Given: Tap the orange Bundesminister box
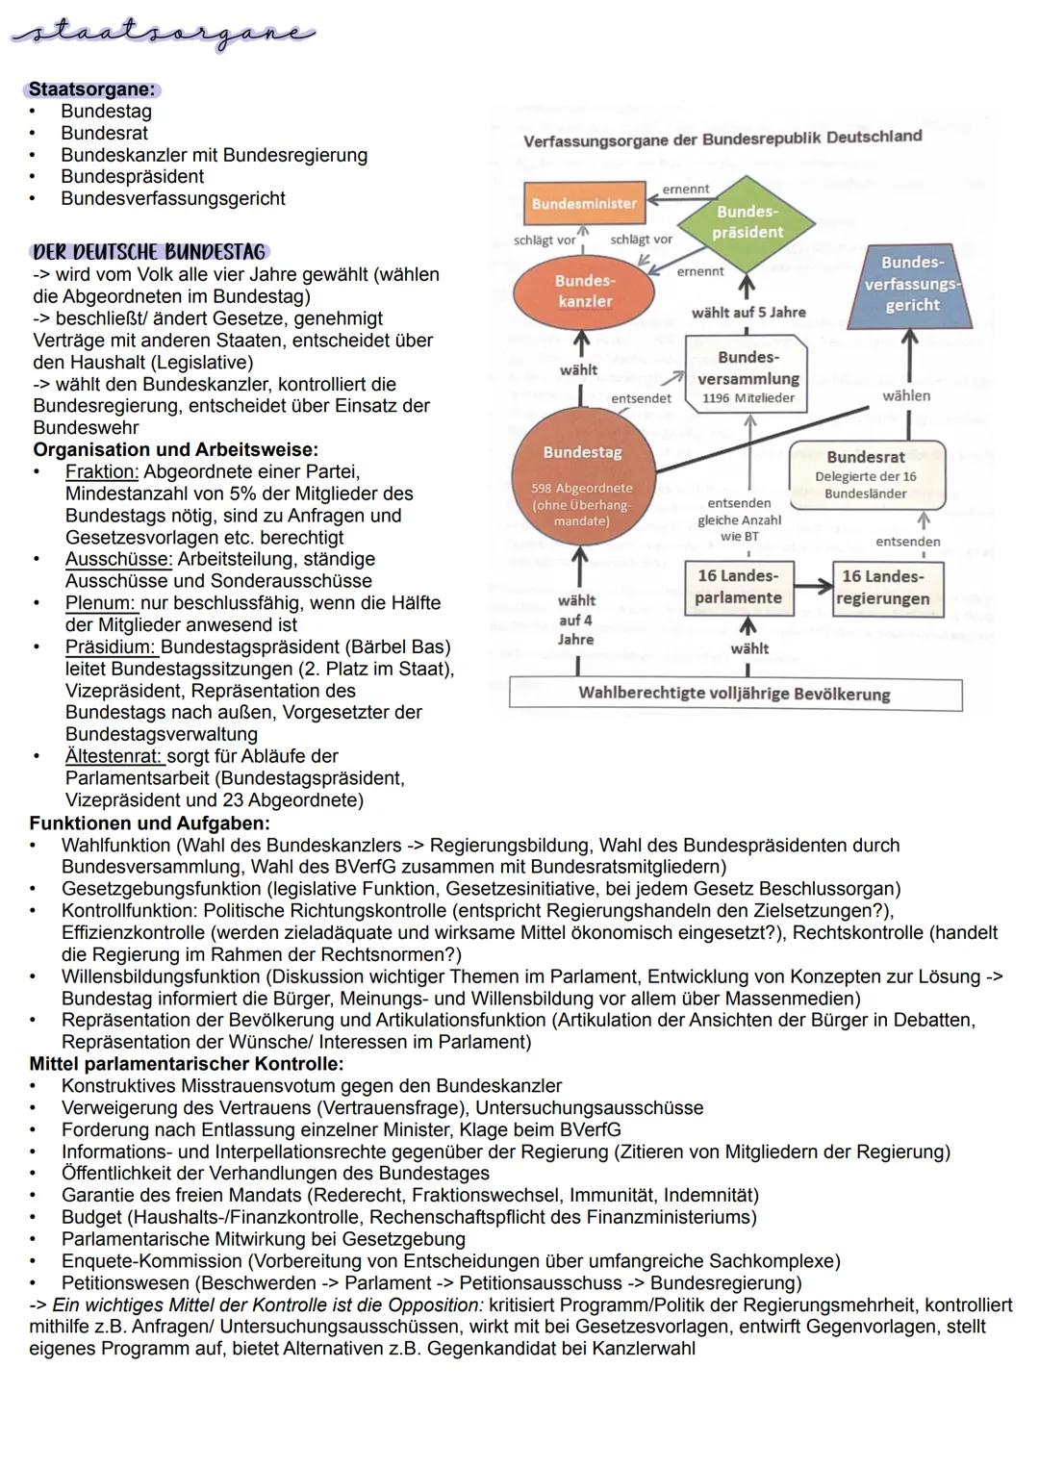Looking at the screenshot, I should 585,204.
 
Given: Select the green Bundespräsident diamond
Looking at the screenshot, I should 748,222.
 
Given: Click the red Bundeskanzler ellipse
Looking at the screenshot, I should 584,291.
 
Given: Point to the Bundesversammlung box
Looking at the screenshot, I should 748,374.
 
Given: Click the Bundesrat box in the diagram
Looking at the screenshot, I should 866,473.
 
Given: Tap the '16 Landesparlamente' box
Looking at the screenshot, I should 738,587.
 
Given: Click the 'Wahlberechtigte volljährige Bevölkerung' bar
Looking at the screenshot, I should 734,694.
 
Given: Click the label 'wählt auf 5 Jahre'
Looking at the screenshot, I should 748,313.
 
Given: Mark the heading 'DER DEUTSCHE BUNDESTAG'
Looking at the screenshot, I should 149,252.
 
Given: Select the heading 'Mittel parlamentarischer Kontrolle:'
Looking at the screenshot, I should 187,1064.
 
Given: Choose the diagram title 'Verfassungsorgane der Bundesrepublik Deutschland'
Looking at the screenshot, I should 722,139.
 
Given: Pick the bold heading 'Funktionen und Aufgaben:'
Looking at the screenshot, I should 149,823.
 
